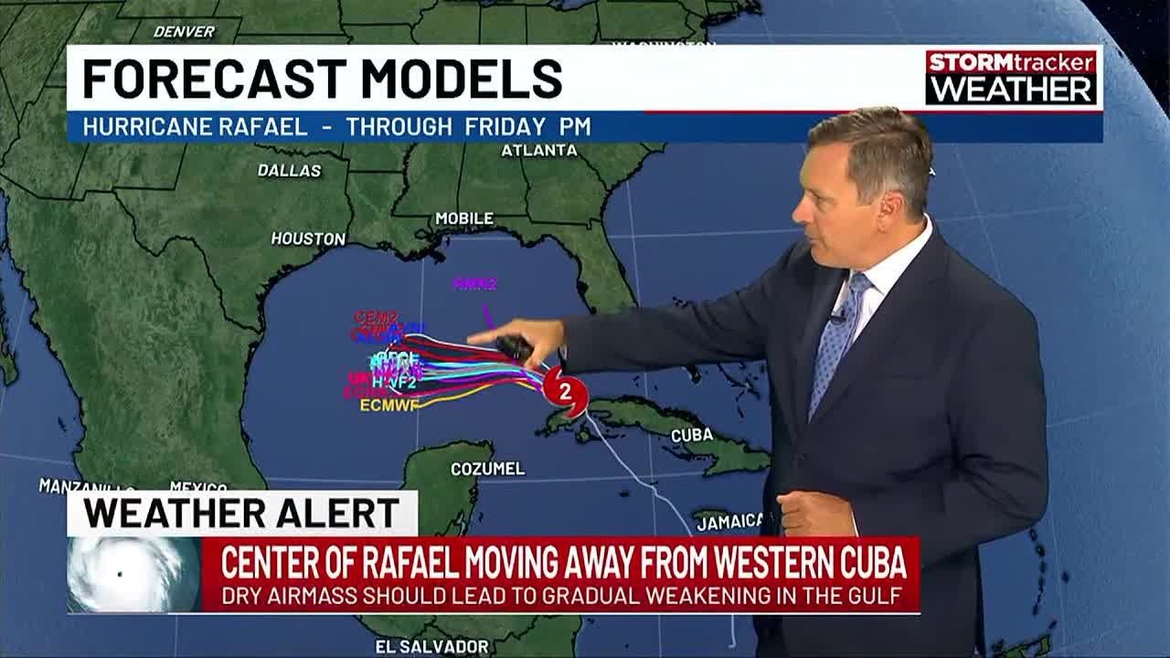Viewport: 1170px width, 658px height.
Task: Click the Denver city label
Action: tap(184, 32)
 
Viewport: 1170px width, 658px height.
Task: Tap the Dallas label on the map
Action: tap(289, 171)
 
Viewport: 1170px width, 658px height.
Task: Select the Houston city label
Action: tap(308, 239)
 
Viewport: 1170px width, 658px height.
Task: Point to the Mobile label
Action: tap(464, 219)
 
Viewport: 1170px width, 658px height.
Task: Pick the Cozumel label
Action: tap(488, 469)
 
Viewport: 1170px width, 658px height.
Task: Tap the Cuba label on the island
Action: tap(692, 435)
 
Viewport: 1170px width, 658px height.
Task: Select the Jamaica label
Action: tap(729, 522)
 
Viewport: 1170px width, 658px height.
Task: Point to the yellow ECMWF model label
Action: tap(389, 405)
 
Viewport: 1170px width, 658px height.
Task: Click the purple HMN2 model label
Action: tap(474, 284)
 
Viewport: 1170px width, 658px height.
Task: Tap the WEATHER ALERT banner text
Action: tap(241, 514)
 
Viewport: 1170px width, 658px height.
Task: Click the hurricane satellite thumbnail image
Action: tap(133, 574)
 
